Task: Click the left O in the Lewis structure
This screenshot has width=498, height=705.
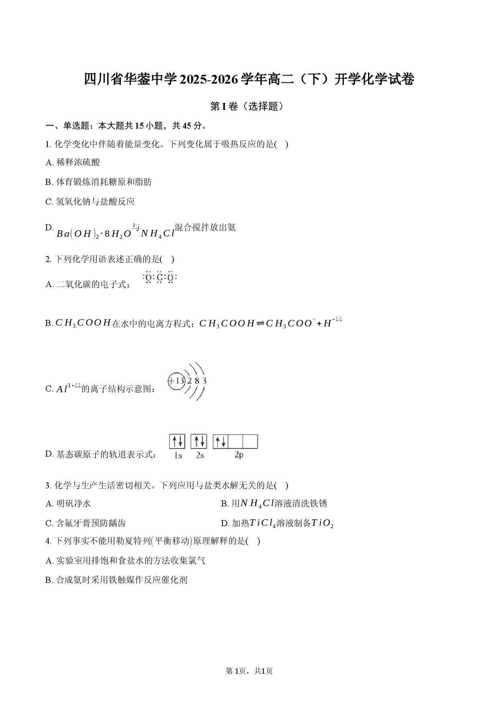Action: click(x=149, y=278)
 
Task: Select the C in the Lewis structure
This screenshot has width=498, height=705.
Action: click(x=160, y=278)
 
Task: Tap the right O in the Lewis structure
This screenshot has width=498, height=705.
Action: click(x=171, y=278)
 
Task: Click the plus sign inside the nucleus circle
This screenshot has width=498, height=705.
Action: click(x=172, y=381)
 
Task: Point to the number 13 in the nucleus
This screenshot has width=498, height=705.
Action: click(x=180, y=381)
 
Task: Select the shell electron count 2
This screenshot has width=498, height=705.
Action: click(x=189, y=381)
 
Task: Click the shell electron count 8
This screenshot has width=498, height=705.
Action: click(x=197, y=381)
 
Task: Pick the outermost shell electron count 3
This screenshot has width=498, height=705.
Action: click(x=204, y=381)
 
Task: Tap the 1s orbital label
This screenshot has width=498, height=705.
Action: click(x=178, y=455)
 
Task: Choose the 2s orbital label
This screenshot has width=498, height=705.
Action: click(x=200, y=455)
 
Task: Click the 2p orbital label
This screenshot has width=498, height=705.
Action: click(x=239, y=455)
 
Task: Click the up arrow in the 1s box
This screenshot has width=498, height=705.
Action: click(x=174, y=442)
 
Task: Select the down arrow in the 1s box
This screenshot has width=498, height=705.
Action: click(x=180, y=442)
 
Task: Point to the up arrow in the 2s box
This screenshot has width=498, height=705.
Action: click(x=196, y=442)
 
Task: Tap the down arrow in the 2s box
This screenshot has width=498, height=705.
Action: click(x=202, y=442)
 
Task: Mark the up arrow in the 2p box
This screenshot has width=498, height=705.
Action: click(x=218, y=442)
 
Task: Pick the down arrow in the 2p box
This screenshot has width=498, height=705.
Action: click(x=224, y=442)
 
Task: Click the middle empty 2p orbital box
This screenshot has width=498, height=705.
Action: click(x=235, y=441)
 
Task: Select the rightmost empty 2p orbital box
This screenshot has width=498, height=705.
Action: click(x=250, y=441)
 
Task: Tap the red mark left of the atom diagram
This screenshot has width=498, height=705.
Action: click(x=78, y=386)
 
